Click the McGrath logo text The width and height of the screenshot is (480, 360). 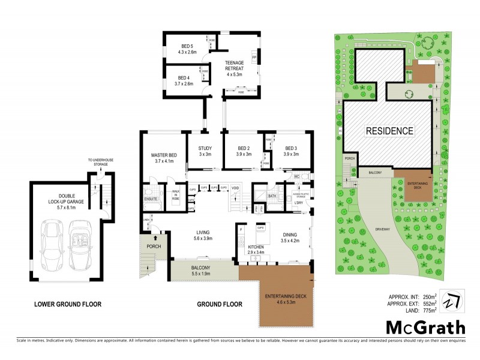click(425, 328)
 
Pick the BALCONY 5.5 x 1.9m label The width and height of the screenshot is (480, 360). click(201, 270)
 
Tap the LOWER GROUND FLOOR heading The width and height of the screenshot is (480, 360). click(68, 304)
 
